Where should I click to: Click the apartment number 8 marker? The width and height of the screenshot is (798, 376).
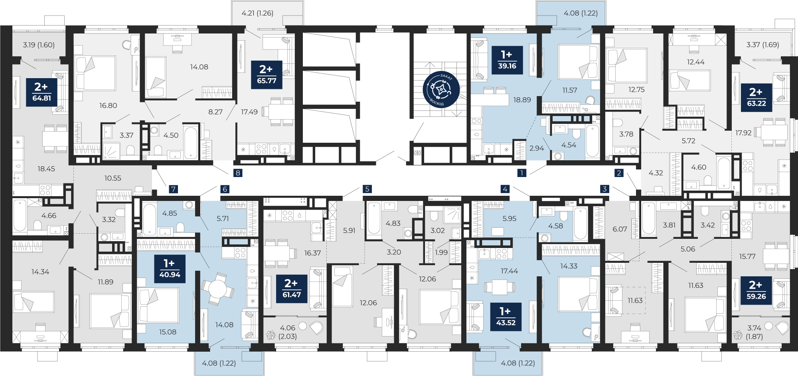(238, 173)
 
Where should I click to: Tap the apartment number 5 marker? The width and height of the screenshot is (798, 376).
(367, 189)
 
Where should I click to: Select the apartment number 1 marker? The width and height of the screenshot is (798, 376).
(521, 173)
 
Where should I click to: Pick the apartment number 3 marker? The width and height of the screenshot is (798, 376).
(604, 189)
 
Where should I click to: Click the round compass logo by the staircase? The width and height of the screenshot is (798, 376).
(441, 89)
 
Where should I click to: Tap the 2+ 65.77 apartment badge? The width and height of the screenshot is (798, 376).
(267, 75)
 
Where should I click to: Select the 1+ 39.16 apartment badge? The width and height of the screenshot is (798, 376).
(507, 60)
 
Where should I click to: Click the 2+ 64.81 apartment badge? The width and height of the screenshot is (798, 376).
(41, 93)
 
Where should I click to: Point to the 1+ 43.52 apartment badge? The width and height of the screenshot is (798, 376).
(506, 317)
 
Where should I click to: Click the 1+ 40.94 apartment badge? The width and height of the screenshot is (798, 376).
(170, 269)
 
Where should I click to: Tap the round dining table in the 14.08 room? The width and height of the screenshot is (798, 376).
(217, 288)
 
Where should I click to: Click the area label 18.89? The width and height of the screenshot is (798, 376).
(522, 100)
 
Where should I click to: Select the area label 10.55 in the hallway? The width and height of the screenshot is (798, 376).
(113, 178)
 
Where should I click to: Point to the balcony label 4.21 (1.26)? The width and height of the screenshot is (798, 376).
(257, 13)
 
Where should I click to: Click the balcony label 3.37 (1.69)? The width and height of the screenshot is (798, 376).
(762, 45)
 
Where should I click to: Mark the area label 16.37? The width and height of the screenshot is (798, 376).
(312, 253)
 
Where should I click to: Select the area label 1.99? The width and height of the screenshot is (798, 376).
(441, 252)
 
